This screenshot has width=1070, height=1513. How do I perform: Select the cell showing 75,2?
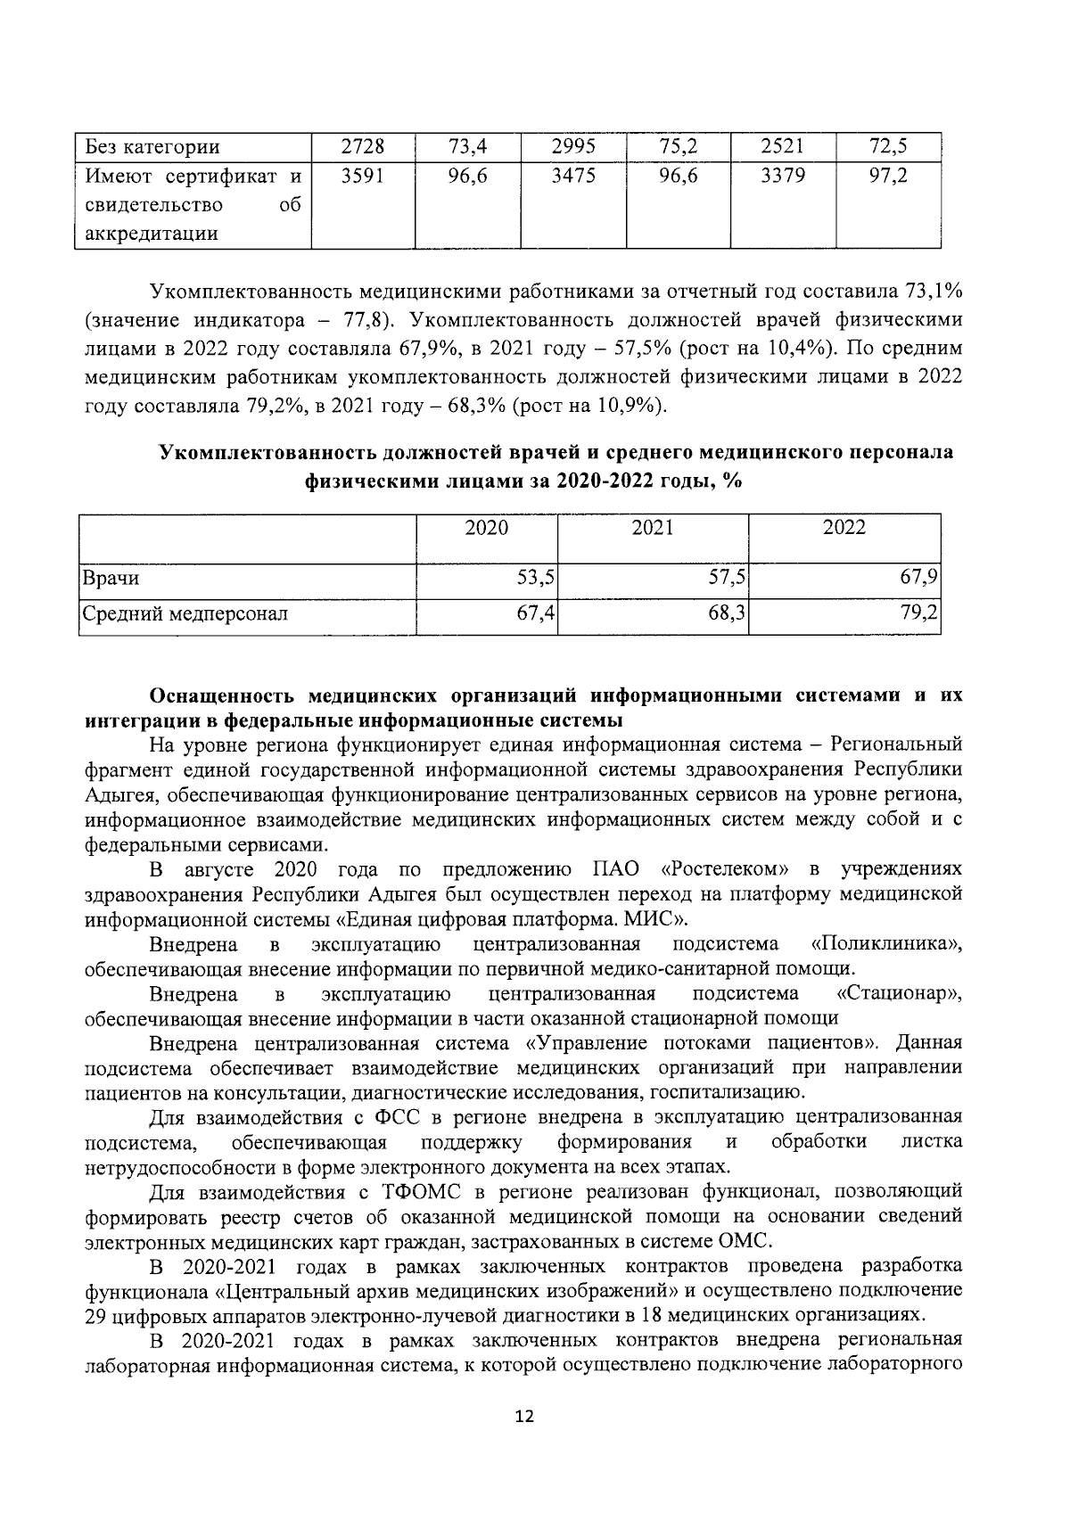point(678,146)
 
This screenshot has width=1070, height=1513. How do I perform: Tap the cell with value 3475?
point(572,177)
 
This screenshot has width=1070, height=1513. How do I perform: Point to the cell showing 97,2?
point(888,177)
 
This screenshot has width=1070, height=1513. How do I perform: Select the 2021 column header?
point(653,528)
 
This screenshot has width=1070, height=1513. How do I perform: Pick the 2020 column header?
point(487,528)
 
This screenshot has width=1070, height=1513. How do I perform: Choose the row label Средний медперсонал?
point(185,614)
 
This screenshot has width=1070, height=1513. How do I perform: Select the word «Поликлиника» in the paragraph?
point(886,944)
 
